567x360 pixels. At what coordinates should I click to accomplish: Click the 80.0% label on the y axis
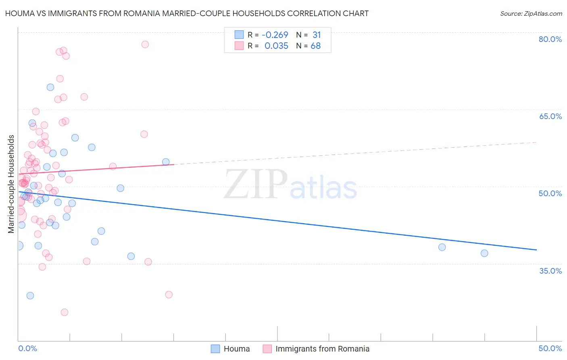(550, 39)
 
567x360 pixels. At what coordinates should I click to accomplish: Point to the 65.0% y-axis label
(550, 116)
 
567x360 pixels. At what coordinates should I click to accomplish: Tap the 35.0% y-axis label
(550, 271)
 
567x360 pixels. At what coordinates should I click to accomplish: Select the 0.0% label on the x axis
(27, 348)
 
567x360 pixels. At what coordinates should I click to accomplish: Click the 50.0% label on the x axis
(550, 348)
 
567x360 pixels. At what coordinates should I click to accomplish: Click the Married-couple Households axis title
(11, 184)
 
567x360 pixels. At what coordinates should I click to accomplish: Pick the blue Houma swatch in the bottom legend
(216, 349)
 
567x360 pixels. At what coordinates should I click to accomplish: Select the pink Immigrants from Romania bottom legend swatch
(267, 349)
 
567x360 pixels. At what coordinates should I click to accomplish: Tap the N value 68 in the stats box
(315, 46)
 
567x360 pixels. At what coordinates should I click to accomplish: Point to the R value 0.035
(276, 46)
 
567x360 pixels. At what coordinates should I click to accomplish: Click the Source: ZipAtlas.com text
(531, 13)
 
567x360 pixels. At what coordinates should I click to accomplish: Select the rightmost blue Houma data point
(484, 253)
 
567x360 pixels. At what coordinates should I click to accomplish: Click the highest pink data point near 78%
(145, 44)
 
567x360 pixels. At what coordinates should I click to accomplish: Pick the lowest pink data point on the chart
(65, 312)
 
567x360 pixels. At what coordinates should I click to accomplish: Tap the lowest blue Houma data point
(30, 295)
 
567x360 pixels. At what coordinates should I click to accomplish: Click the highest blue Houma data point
(50, 87)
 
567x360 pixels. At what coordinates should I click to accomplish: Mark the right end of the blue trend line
(536, 250)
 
